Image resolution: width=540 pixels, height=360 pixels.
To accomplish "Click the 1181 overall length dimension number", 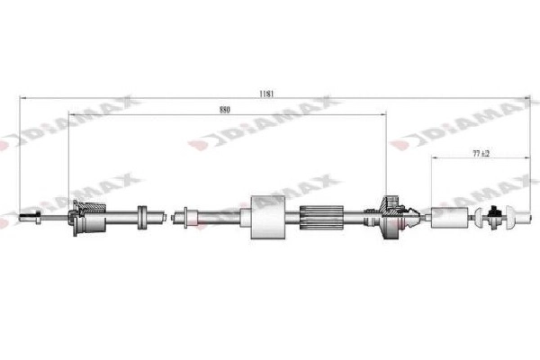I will pyautogui.click(x=266, y=93).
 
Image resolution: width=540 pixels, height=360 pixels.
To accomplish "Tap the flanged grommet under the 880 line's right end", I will pyautogui.click(x=390, y=216).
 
